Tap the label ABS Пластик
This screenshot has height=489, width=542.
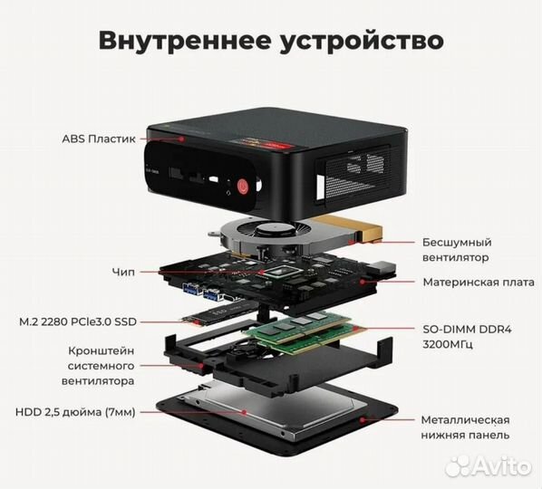click(x=99, y=139)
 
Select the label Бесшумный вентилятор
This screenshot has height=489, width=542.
click(x=457, y=250)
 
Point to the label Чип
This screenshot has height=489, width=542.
click(x=124, y=271)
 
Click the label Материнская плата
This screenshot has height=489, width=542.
click(x=478, y=282)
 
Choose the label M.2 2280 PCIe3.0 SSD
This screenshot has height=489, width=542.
click(x=77, y=321)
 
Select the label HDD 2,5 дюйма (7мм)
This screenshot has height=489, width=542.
click(x=75, y=412)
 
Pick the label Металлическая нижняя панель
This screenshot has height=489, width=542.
click(x=465, y=427)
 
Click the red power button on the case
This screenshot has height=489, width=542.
click(x=243, y=188)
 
